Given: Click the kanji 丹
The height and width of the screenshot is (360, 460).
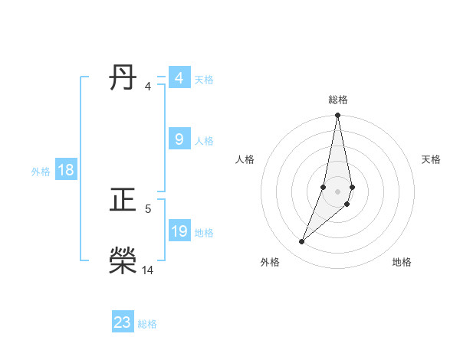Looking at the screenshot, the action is coord(123,78).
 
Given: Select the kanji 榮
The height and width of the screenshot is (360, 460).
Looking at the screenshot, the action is coord(123,261).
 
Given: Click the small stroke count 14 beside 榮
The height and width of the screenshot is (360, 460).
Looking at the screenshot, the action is coord(148,270).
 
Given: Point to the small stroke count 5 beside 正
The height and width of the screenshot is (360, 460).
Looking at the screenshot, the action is coord(148,208).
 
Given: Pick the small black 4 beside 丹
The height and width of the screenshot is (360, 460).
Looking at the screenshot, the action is coord(148,86).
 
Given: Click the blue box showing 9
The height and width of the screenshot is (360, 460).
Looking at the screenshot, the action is coord(179,139).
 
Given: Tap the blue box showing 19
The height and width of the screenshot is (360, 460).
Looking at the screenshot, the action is coord(179,231).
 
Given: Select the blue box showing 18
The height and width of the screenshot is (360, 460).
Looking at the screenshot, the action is coord(66,170).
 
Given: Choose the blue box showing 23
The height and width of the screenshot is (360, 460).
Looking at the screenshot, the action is coord(123,322).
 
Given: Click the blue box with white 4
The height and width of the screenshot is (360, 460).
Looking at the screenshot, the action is coord(179,78).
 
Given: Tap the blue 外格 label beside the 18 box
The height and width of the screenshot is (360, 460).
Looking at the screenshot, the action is coord(41,172).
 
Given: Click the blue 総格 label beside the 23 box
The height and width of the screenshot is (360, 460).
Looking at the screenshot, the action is coord(147,324).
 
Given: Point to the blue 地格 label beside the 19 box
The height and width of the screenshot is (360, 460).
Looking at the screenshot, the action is coord(204,233).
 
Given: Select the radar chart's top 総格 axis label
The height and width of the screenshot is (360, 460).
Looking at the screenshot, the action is coord(338,100).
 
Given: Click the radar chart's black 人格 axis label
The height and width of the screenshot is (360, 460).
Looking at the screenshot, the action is coord(245,159).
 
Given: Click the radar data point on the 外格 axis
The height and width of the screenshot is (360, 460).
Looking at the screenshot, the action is coord(302,242).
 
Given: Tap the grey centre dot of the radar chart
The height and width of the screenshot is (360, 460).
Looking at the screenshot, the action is coord(338,191).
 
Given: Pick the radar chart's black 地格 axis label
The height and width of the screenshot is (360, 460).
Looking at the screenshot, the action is coord(402,263).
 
